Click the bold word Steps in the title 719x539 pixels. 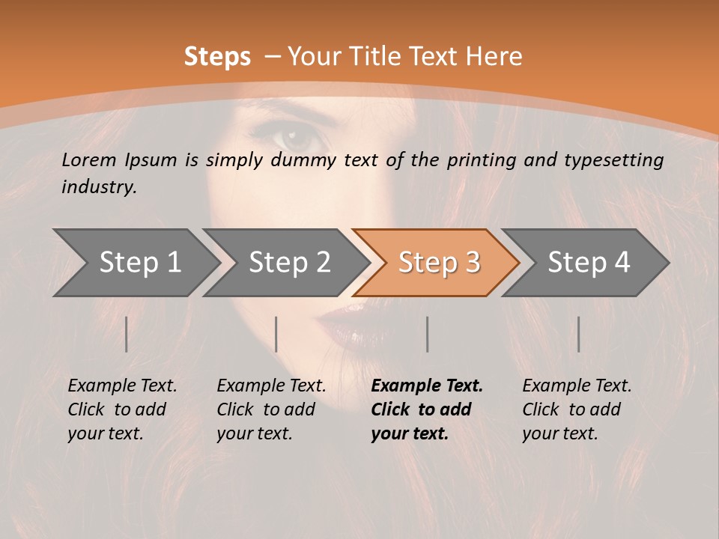(x=217, y=57)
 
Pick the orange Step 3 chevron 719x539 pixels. (x=438, y=263)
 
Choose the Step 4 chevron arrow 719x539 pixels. (x=588, y=263)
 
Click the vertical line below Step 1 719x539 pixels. (x=127, y=334)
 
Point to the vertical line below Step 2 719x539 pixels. (x=276, y=334)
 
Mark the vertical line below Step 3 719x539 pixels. (x=428, y=334)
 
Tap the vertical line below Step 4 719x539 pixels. (x=579, y=334)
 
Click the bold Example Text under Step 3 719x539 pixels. (x=427, y=386)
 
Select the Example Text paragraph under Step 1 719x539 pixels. (x=122, y=409)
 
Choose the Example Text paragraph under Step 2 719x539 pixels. (x=271, y=409)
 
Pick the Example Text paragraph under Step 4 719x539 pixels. (x=577, y=409)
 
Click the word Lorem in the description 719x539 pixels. (x=90, y=160)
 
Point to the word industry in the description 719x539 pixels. (x=99, y=187)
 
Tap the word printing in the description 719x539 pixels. (x=483, y=160)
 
